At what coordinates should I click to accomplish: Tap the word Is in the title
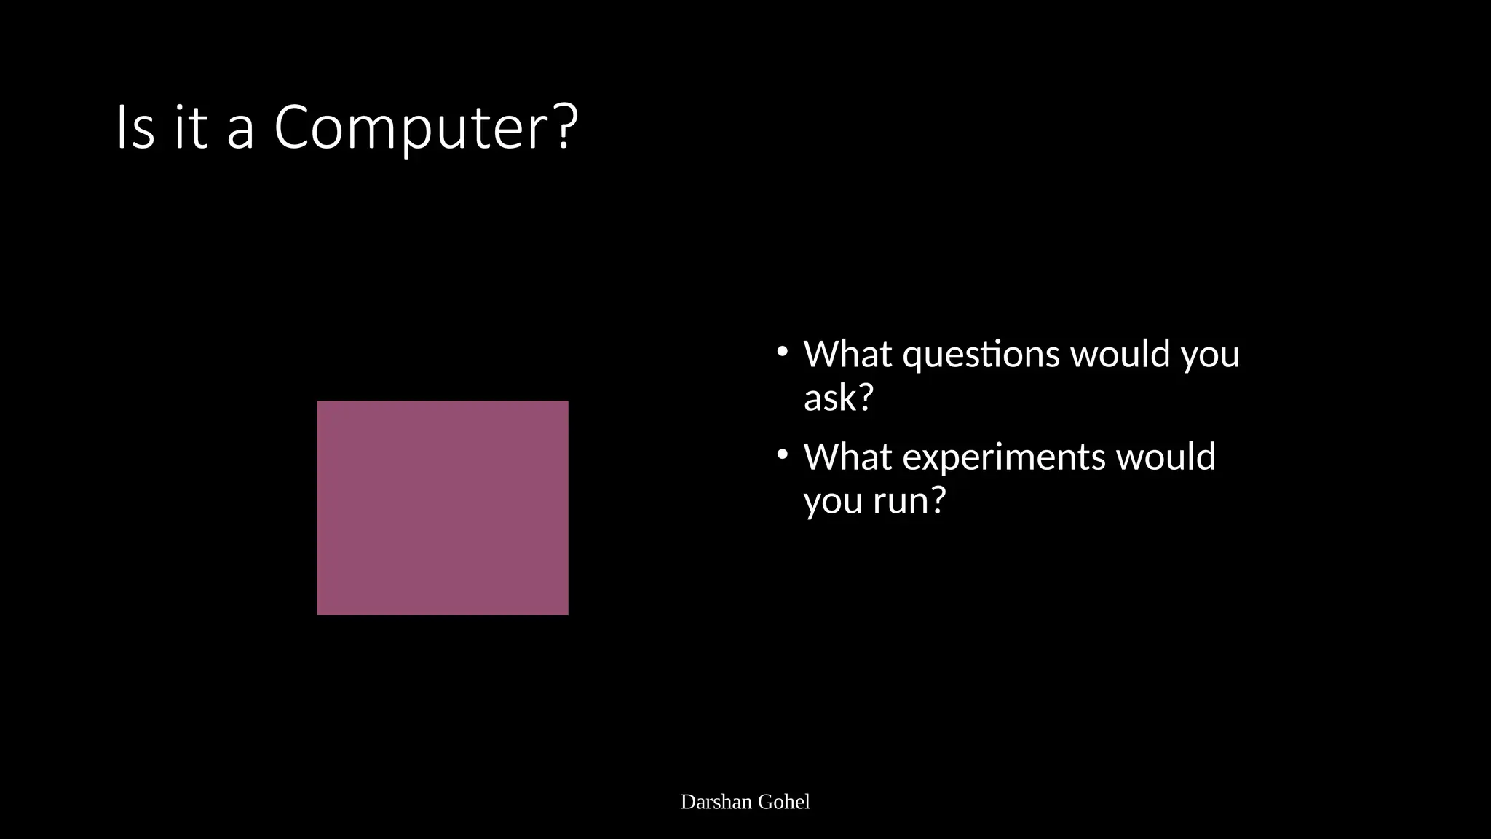click(135, 128)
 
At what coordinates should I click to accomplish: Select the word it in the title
click(191, 128)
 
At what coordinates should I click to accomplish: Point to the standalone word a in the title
click(240, 131)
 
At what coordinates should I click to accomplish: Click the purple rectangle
click(442, 508)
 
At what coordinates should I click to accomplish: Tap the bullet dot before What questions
click(783, 352)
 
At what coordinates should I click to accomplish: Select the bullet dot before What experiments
click(783, 455)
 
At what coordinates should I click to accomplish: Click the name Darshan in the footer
click(716, 802)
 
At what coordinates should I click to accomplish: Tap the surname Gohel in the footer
click(784, 802)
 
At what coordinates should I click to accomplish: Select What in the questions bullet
click(847, 354)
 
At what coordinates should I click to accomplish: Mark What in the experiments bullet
click(847, 457)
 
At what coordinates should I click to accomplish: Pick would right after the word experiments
click(1166, 457)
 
